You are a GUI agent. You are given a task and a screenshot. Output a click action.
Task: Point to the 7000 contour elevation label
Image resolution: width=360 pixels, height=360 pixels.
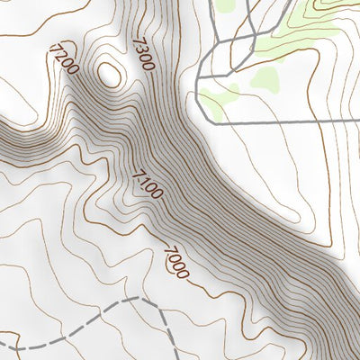click(176, 261)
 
